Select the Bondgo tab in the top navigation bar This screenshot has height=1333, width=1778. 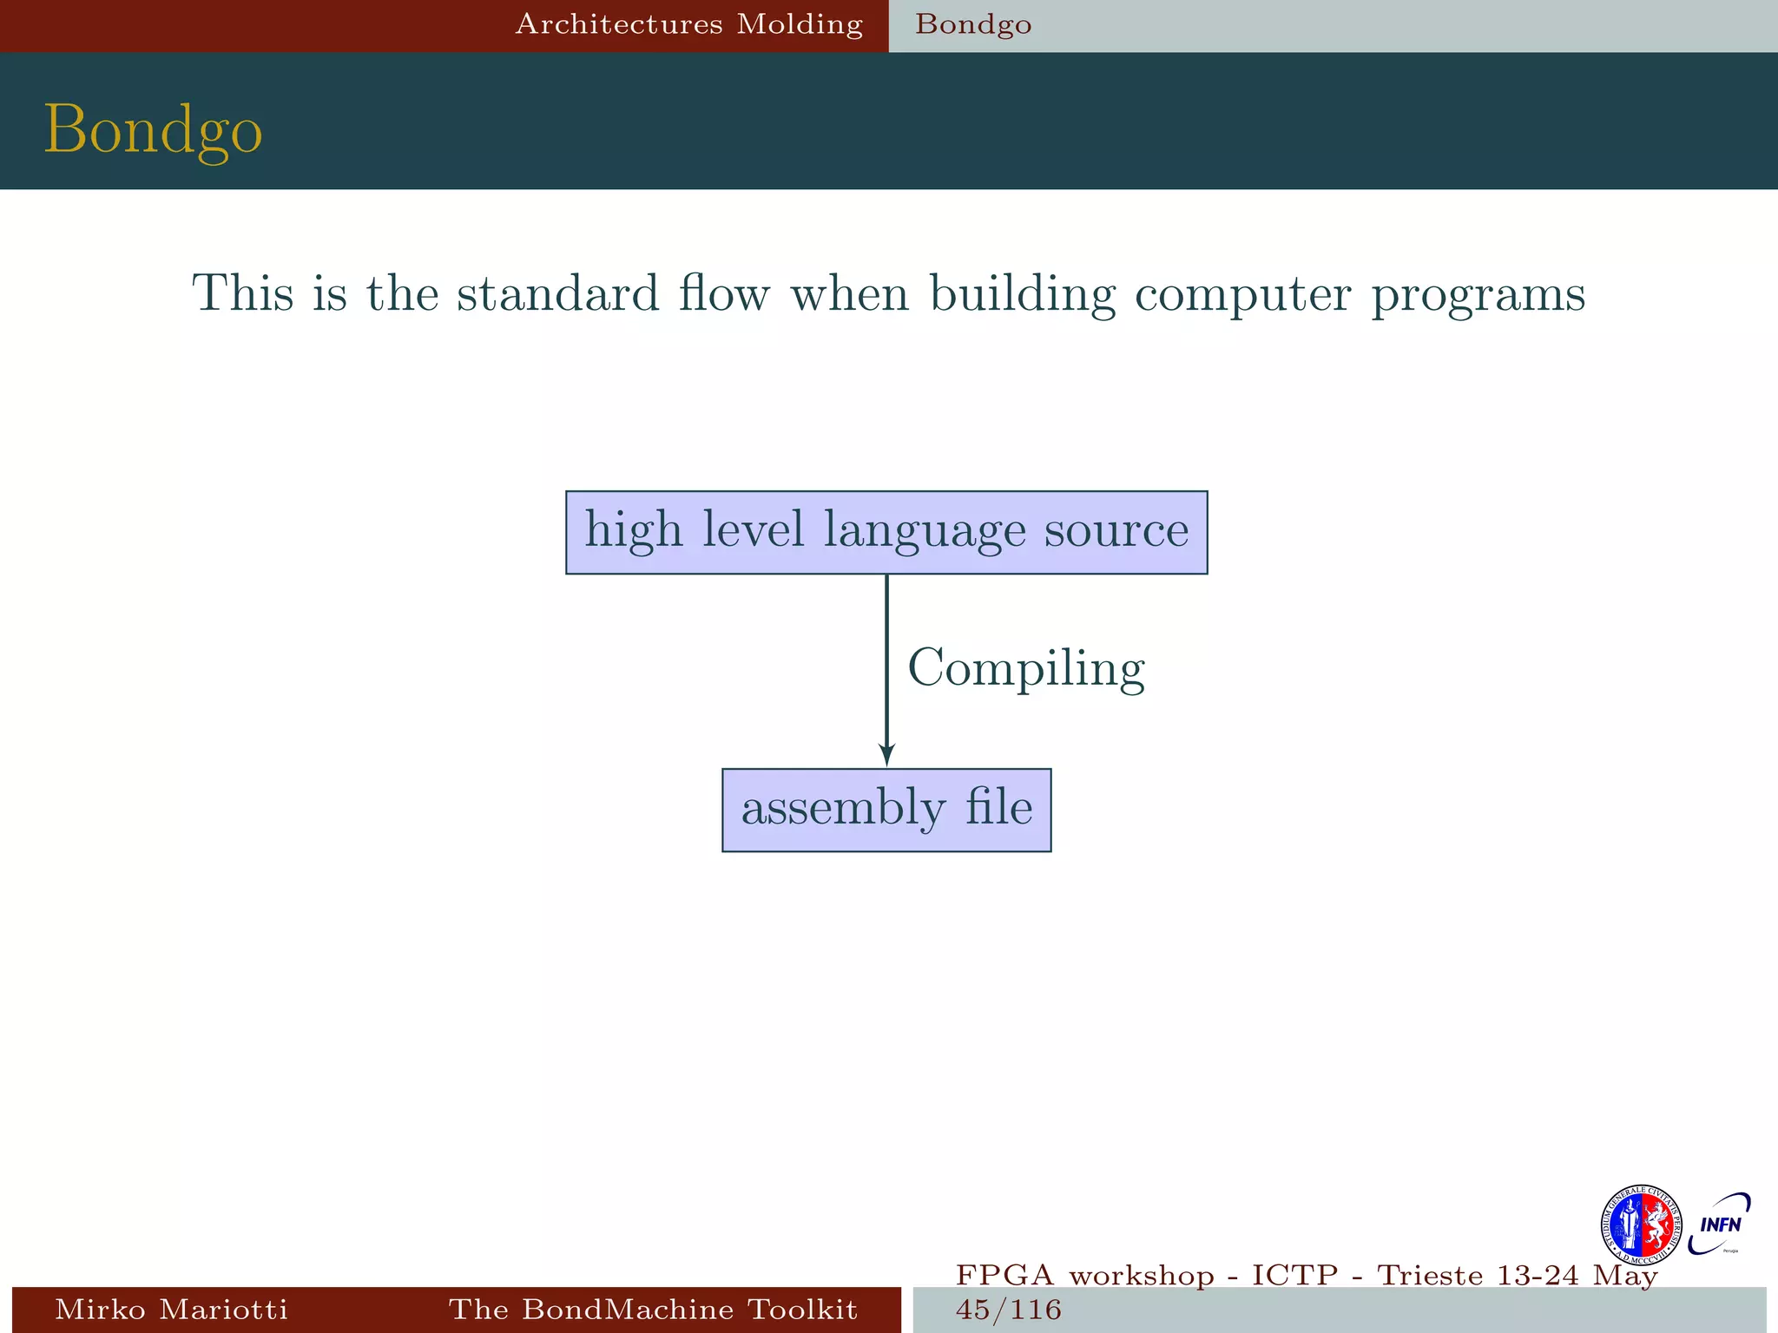[973, 24]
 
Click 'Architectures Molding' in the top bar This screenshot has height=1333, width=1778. [688, 24]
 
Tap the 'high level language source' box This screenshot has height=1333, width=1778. [886, 532]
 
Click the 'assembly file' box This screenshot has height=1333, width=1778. [886, 810]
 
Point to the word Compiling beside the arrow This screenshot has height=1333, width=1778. [1026, 668]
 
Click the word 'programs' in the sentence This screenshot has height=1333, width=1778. [1478, 295]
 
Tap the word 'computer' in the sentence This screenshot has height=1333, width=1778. [1242, 295]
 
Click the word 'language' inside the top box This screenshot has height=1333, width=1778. [924, 531]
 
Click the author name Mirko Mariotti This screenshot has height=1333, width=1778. [171, 1309]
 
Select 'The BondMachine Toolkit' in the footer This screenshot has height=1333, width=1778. [653, 1309]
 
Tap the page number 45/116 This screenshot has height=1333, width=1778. [1008, 1310]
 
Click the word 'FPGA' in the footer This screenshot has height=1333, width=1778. [1004, 1276]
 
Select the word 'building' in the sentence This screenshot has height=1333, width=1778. [1023, 295]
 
